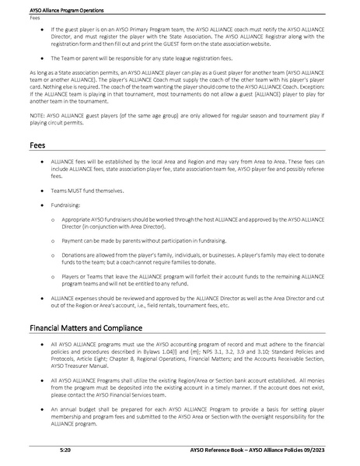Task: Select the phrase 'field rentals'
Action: point(176,307)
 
